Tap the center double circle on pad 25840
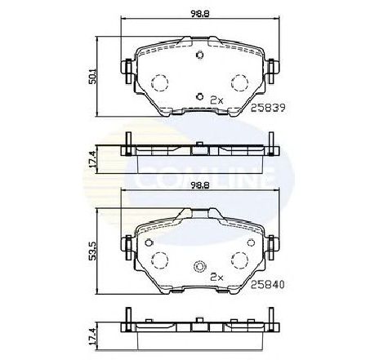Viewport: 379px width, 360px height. [x=200, y=269]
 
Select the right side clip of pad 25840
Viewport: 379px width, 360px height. [x=272, y=244]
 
